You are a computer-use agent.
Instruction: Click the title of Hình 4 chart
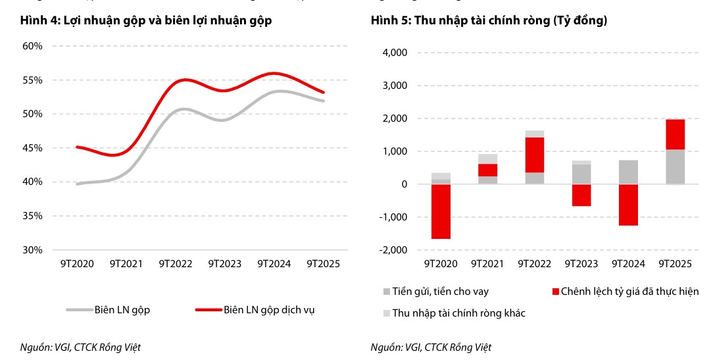point(146,20)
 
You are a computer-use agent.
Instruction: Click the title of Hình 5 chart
point(489,20)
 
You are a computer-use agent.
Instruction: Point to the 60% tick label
point(32,46)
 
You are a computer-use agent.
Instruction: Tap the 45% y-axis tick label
point(32,148)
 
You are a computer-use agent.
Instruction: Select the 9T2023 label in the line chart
point(225,264)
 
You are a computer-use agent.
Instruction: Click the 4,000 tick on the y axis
point(394,53)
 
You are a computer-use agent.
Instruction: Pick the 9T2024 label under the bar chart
point(628,264)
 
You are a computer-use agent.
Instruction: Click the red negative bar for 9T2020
point(441,211)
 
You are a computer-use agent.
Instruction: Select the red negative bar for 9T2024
point(628,205)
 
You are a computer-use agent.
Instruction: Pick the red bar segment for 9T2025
point(675,134)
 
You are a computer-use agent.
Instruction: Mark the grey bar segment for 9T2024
point(628,172)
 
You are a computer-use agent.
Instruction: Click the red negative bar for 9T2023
point(581,195)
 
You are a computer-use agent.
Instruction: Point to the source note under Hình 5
point(431,347)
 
